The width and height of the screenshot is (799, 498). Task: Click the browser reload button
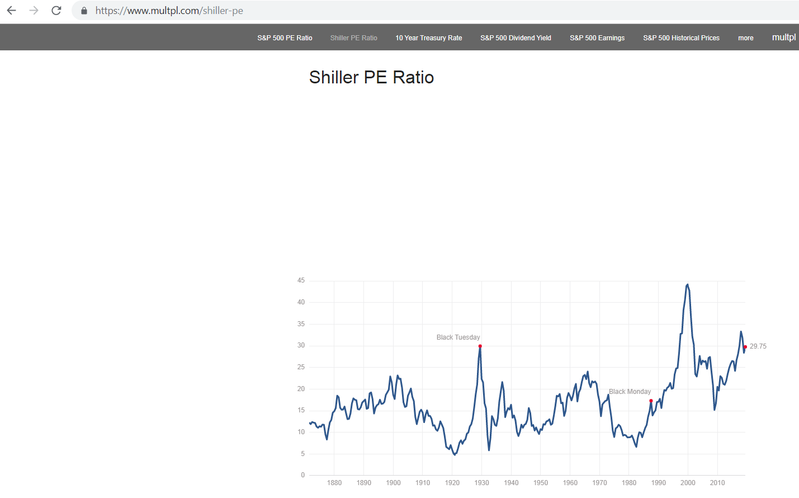pos(56,11)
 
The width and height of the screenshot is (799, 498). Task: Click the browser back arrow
pos(11,11)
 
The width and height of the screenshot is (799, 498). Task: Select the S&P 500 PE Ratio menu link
pos(285,38)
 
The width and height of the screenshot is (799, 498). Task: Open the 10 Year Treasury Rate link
pos(429,38)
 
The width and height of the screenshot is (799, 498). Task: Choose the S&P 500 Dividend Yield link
pos(516,38)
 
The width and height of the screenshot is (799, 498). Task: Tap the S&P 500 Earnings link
pos(597,38)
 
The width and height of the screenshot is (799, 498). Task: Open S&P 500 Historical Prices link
pos(681,38)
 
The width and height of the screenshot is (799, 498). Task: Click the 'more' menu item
pos(745,38)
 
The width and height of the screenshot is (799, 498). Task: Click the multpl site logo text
pos(783,37)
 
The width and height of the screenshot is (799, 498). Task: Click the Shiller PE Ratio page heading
pos(371,77)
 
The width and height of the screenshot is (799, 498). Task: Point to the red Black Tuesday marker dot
pos(480,346)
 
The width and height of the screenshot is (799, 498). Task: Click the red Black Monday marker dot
pos(651,401)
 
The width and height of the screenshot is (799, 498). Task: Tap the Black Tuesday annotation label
pos(458,337)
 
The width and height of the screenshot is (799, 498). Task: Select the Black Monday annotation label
pos(630,392)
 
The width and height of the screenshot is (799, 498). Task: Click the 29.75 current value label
pos(758,346)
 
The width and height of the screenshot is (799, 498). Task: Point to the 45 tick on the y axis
pos(301,280)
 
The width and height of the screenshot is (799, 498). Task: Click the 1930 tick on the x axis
pos(481,483)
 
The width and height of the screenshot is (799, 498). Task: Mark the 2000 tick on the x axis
pos(688,483)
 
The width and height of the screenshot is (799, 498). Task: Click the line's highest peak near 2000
pos(688,285)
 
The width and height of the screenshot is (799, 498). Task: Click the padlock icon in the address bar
pos(84,11)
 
